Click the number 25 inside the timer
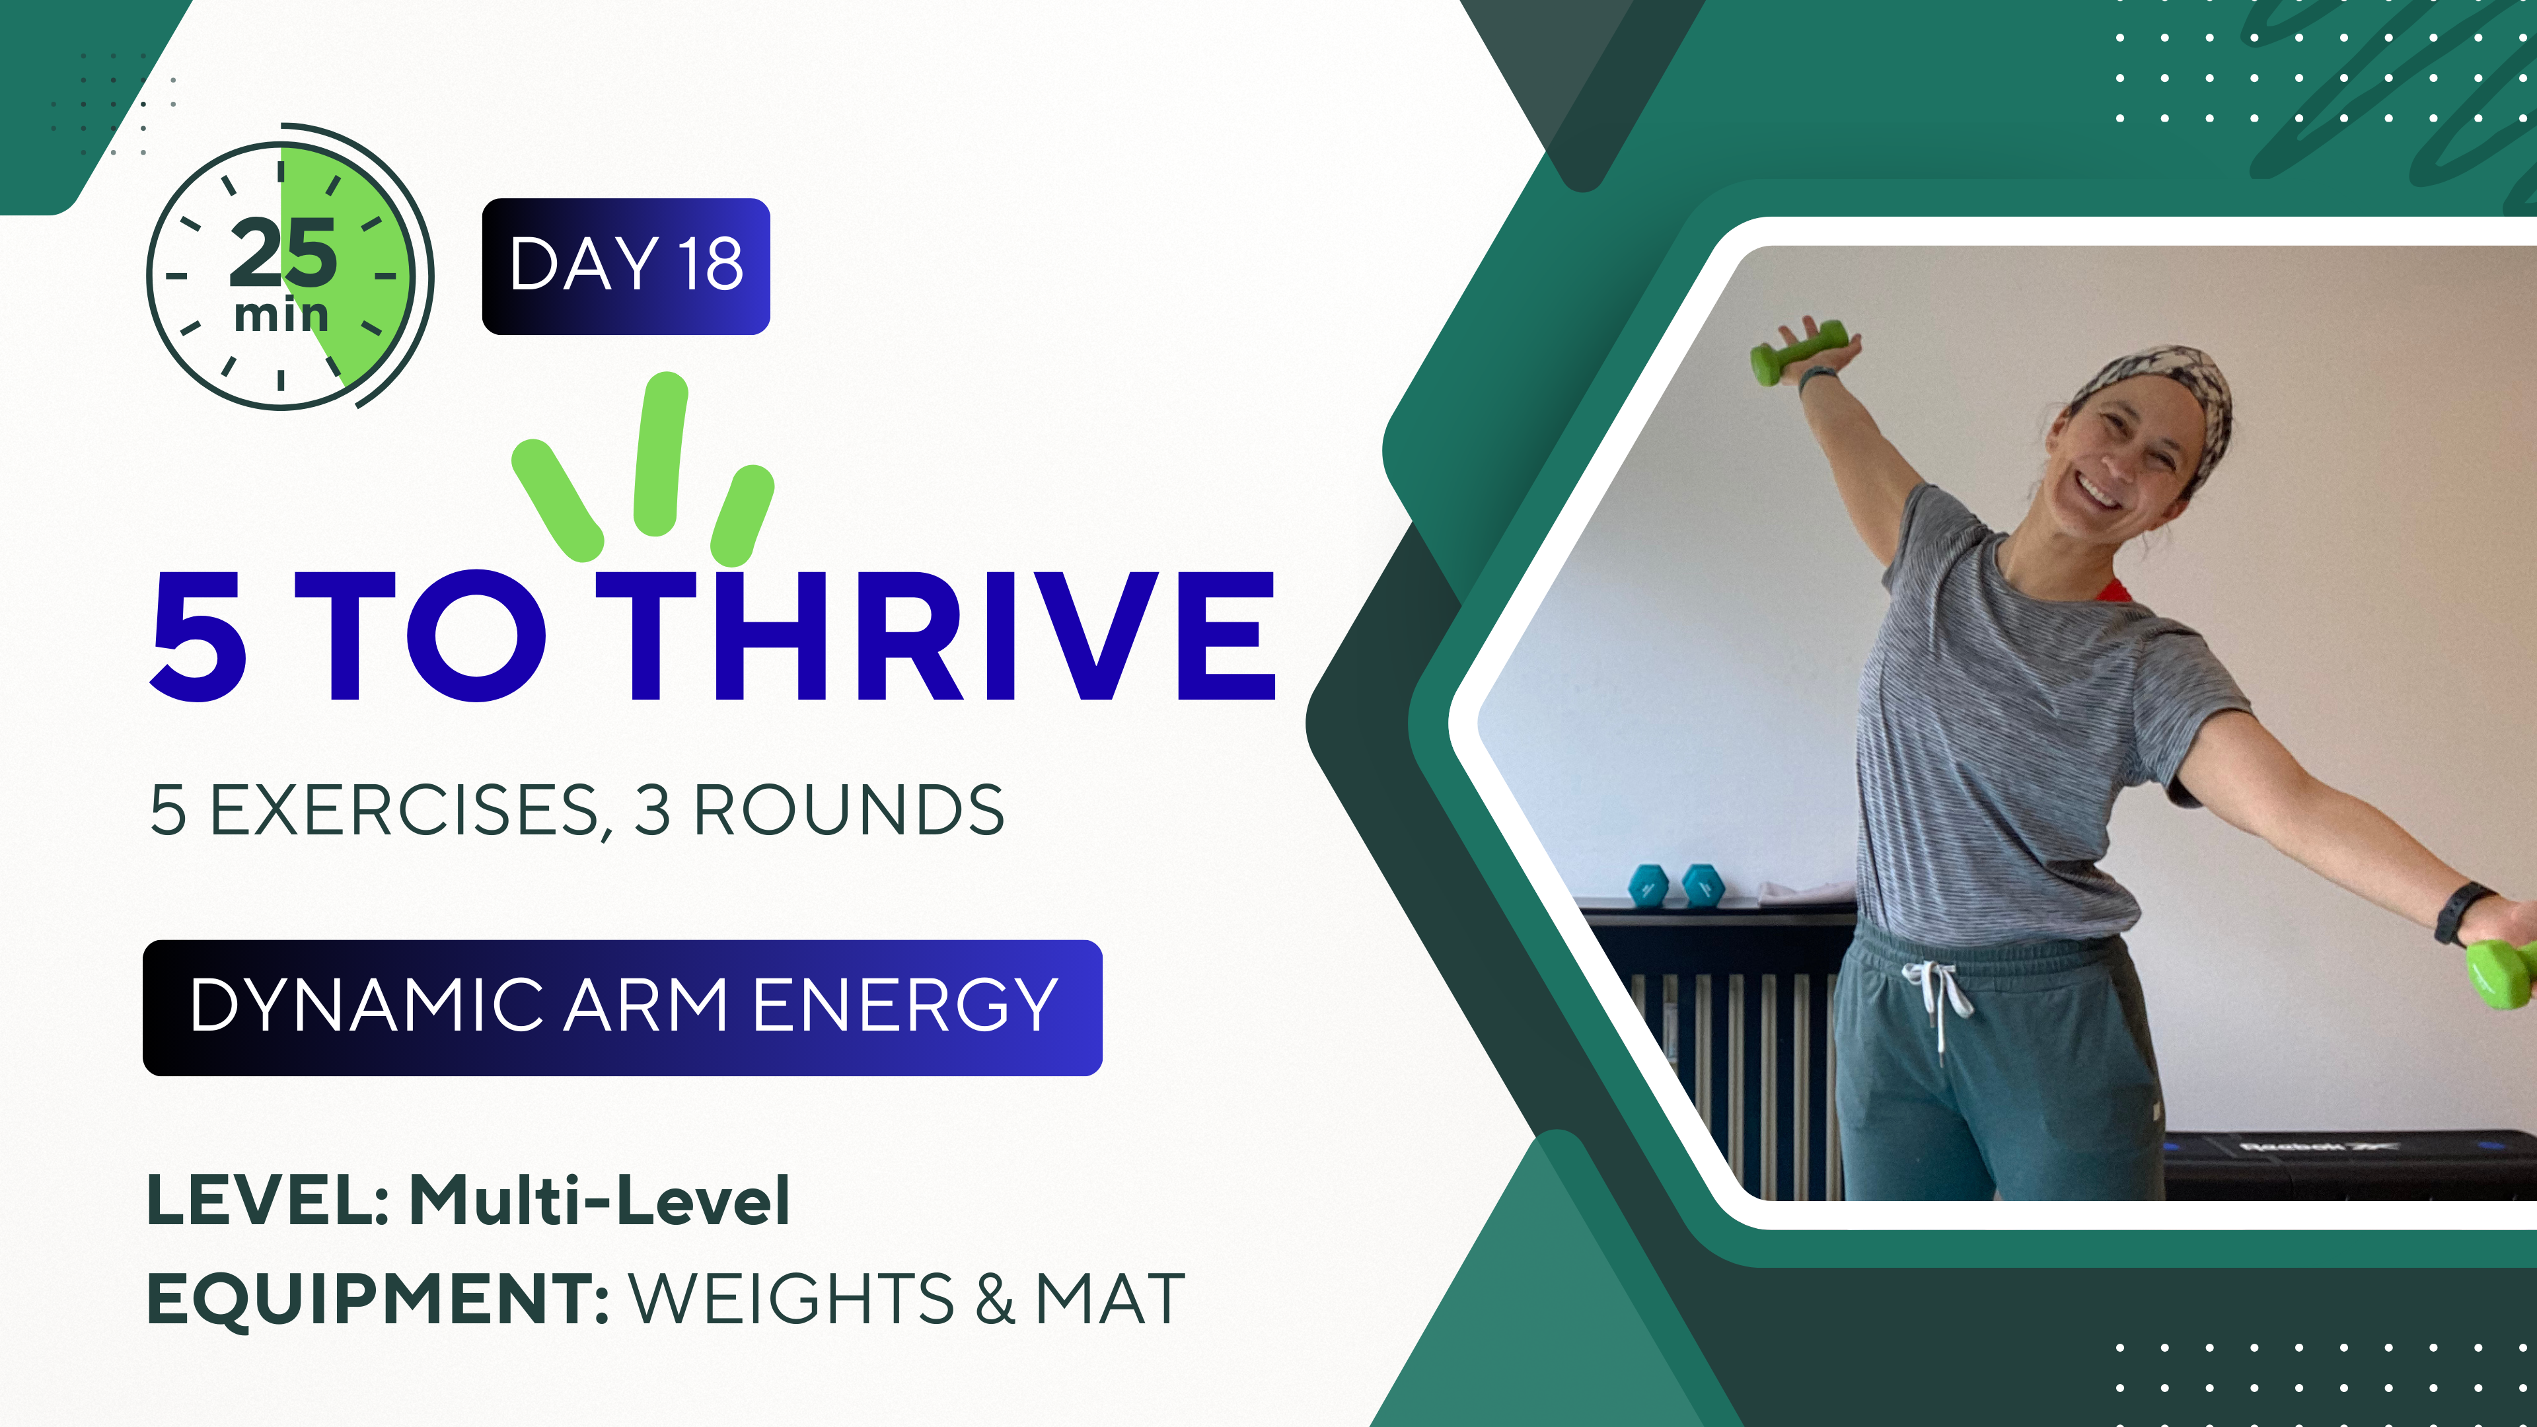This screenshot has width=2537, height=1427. coord(283,252)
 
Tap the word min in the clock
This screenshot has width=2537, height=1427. coord(281,315)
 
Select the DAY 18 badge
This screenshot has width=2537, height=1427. coord(626,266)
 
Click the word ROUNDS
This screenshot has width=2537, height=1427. coord(849,811)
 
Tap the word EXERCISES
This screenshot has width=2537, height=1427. coord(404,811)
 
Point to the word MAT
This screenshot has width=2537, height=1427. coord(1110,1298)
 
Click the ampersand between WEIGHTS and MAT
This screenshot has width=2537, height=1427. coord(995,1298)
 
